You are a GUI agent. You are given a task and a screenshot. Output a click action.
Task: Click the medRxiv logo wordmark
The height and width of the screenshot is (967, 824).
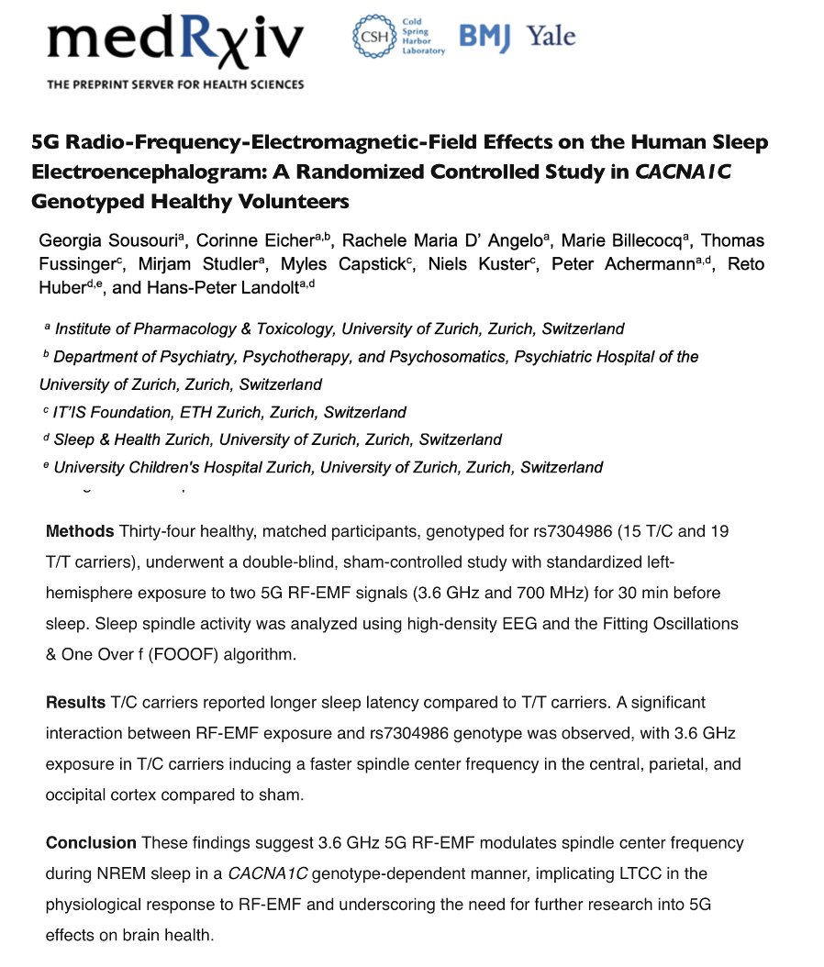(x=174, y=41)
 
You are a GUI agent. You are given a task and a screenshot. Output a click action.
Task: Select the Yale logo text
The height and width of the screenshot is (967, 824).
(x=551, y=37)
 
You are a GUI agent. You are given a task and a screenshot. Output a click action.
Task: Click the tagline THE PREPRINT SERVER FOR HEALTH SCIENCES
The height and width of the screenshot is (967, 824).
(x=176, y=84)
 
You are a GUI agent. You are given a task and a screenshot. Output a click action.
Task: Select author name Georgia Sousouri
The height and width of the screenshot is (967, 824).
(x=106, y=241)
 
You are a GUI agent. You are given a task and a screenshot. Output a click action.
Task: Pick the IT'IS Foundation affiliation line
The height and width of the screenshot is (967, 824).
(x=229, y=412)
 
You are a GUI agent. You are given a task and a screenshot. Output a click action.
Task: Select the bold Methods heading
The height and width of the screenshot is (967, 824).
(x=79, y=531)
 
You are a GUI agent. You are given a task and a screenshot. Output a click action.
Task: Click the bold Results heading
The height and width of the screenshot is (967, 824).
(x=76, y=703)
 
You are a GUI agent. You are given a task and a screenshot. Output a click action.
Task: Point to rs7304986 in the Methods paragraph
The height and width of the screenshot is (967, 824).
(x=570, y=531)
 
